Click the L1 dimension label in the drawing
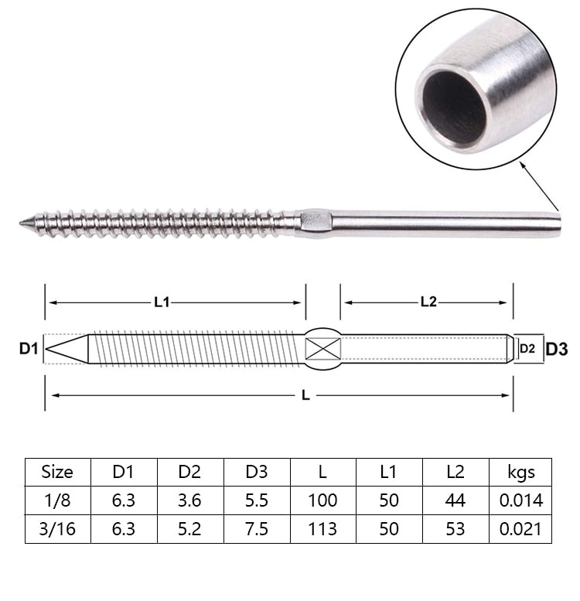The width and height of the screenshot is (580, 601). pyautogui.click(x=162, y=302)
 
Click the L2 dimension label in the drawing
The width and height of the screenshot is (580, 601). pyautogui.click(x=428, y=302)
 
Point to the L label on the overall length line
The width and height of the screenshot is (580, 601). pyautogui.click(x=305, y=395)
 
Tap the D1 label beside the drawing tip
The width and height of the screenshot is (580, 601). pyautogui.click(x=29, y=350)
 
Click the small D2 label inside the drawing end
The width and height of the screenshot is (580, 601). pyautogui.click(x=527, y=349)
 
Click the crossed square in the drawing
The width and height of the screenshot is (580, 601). pyautogui.click(x=323, y=349)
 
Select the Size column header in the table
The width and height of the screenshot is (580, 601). pyautogui.click(x=58, y=472)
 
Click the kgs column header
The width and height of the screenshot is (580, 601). pyautogui.click(x=521, y=472)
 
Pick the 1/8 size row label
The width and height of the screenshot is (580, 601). pyautogui.click(x=58, y=500)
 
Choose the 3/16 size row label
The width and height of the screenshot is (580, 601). pyautogui.click(x=58, y=529)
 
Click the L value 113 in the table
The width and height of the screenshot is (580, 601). pyautogui.click(x=322, y=529)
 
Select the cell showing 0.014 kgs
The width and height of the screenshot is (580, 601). pyautogui.click(x=521, y=500)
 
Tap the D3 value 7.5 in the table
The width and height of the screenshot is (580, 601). pyautogui.click(x=257, y=529)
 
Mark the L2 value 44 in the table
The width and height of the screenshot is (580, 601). pyautogui.click(x=455, y=500)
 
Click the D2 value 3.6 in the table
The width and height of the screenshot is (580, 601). pyautogui.click(x=190, y=500)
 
